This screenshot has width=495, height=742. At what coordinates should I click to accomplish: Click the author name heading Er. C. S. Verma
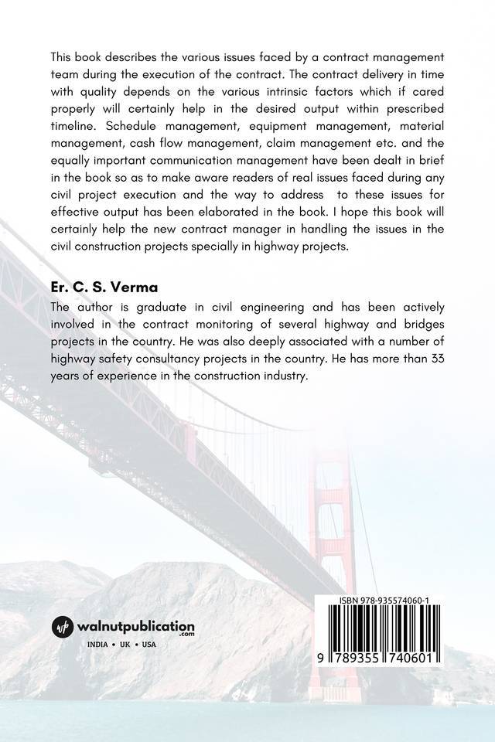[98, 287]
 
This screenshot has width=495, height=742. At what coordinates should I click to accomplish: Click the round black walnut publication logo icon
[63, 627]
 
